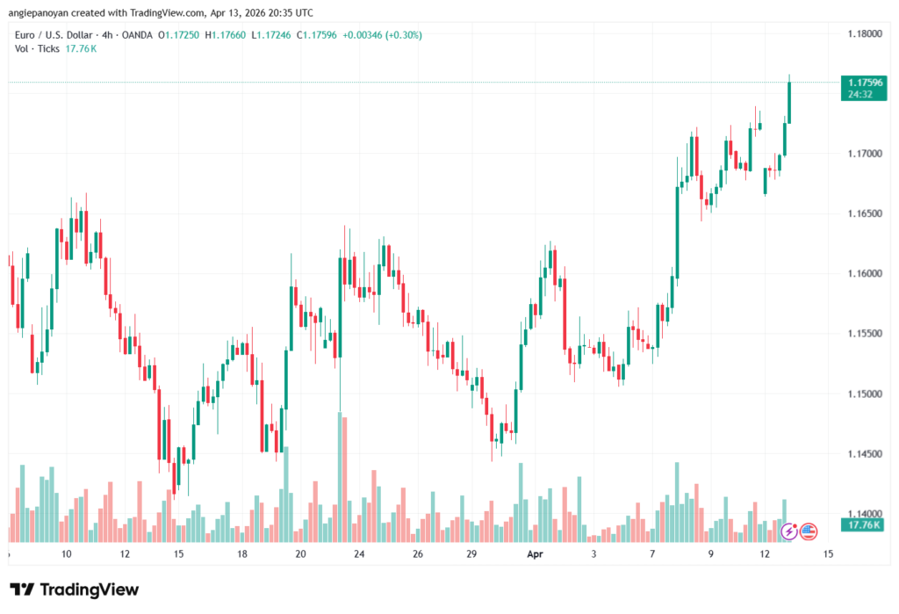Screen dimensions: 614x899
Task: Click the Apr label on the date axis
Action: tap(536, 554)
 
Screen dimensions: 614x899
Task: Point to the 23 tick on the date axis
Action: tap(359, 554)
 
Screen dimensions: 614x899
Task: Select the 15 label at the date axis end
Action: tap(828, 554)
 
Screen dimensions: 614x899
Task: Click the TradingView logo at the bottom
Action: tap(74, 589)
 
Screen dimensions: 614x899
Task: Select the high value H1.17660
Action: tap(226, 35)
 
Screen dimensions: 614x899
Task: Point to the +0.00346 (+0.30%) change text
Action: tap(383, 35)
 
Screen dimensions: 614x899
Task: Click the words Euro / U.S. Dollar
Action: tap(54, 35)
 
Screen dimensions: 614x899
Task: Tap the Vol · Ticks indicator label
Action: tap(37, 48)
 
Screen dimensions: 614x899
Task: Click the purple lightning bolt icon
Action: tap(789, 531)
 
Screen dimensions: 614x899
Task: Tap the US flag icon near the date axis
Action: tap(808, 531)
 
